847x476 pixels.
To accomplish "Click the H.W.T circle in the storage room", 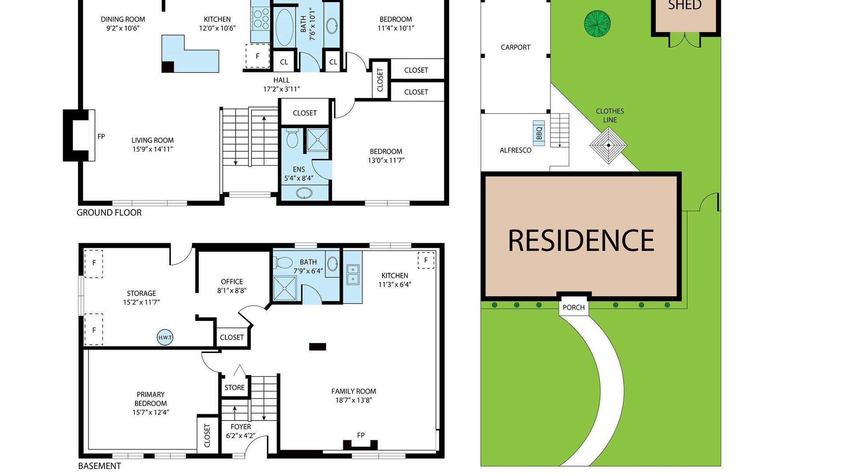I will (165, 338).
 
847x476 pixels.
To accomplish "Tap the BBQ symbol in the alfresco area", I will (539, 133).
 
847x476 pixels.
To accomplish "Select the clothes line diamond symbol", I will (608, 145).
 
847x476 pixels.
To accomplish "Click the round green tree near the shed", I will (597, 24).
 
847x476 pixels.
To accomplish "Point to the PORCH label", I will (573, 308).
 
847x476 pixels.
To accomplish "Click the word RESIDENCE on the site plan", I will (581, 241).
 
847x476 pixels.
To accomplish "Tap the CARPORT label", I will (515, 47).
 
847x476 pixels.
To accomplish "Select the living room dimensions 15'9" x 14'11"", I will (153, 149).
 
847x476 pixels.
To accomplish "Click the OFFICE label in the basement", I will (232, 281).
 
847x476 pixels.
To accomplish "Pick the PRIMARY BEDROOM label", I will (150, 399).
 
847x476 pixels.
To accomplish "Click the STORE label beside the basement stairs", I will (234, 387).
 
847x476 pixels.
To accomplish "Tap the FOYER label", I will (240, 427).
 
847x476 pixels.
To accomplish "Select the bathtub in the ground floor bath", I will (284, 27).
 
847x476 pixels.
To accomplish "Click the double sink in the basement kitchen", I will (352, 274).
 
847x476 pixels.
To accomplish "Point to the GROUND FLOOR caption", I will (109, 212).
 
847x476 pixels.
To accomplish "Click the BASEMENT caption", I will (99, 466).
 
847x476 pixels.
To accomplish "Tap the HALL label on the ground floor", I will (281, 80).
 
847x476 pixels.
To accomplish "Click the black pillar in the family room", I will (317, 347).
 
